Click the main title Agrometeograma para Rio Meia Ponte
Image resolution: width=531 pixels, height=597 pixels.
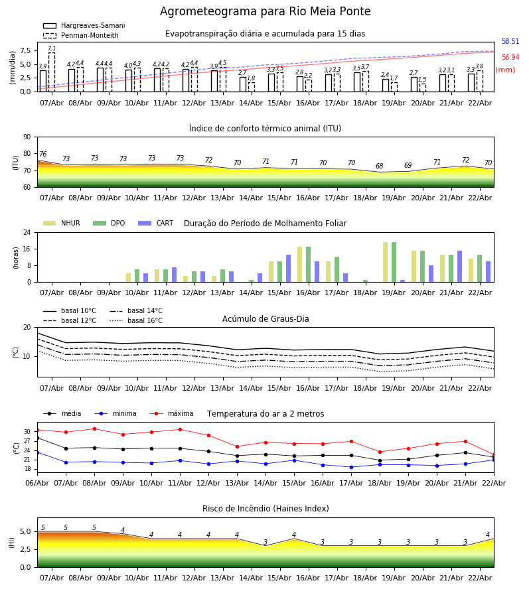pyautogui.click(x=265, y=12)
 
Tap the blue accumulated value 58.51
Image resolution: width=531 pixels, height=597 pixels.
pyautogui.click(x=510, y=42)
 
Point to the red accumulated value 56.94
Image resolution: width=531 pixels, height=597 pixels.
pyautogui.click(x=510, y=58)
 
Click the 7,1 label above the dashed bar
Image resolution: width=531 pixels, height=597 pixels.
pyautogui.click(x=51, y=48)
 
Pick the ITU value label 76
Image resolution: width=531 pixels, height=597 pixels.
pyautogui.click(x=42, y=155)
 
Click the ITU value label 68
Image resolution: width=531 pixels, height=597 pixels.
pyautogui.click(x=379, y=166)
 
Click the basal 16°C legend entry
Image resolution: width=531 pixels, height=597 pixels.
pyautogui.click(x=145, y=321)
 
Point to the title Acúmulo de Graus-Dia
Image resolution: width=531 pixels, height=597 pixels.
pyautogui.click(x=265, y=319)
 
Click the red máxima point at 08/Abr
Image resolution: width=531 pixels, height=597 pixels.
pyautogui.click(x=94, y=429)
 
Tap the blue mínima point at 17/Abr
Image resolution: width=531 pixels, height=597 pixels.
pyautogui.click(x=351, y=467)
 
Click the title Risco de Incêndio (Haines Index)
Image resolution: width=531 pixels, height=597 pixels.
pyautogui.click(x=265, y=509)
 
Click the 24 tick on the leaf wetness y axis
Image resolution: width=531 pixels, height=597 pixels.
pyautogui.click(x=27, y=232)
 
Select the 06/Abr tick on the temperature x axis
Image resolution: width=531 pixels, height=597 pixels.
pyautogui.click(x=37, y=483)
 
